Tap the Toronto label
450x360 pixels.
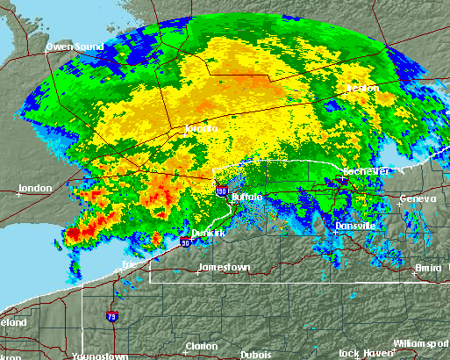[201, 128]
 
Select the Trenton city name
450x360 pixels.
[362, 89]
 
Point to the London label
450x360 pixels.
[35, 188]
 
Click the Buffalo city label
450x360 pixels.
[247, 198]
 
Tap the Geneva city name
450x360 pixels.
[418, 198]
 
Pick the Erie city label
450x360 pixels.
[131, 263]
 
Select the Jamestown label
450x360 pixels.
[225, 266]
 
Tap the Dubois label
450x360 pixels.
[255, 355]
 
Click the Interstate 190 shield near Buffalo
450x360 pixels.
[221, 190]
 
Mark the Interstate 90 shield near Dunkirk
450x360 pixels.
[186, 241]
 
